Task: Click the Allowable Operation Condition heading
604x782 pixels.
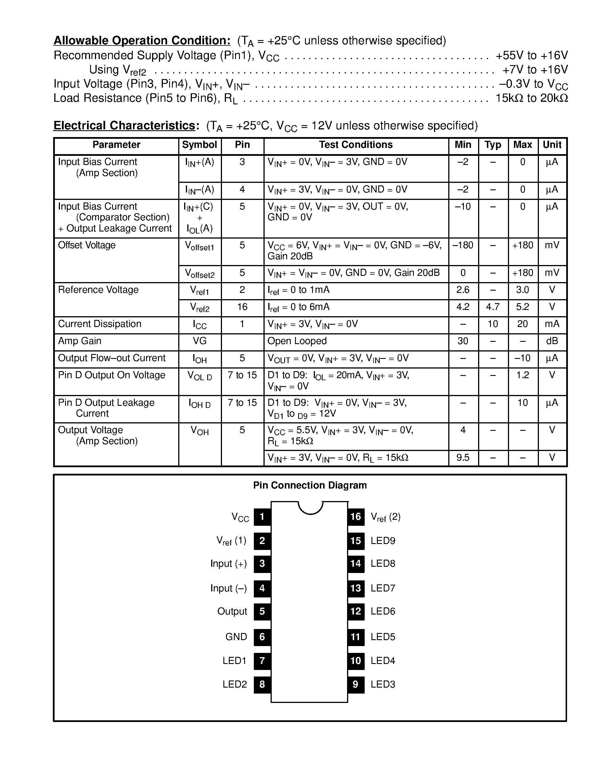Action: click(142, 40)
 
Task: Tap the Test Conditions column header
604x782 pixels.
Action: click(356, 145)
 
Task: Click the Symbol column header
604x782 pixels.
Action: click(199, 145)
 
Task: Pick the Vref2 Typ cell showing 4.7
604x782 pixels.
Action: click(493, 307)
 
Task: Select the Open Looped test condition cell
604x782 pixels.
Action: click(297, 341)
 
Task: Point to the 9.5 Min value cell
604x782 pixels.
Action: click(463, 458)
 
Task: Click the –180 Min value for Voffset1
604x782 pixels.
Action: click(463, 245)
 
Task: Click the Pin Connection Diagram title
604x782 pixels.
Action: click(310, 485)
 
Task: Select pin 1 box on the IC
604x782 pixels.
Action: click(262, 517)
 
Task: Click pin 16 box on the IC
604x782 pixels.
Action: click(356, 517)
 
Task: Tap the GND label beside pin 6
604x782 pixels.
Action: click(236, 637)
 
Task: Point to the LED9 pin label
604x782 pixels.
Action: click(383, 541)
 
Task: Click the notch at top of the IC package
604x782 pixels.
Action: click(310, 507)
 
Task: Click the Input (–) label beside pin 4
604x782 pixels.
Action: click(228, 588)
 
